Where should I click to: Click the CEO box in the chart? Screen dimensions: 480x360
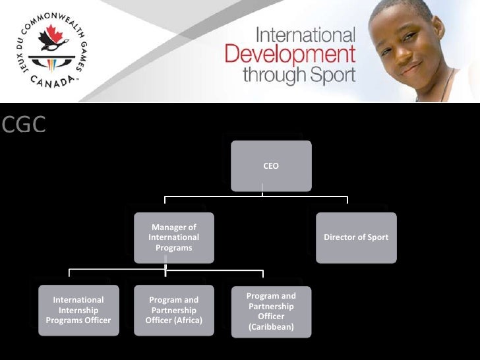pyautogui.click(x=270, y=166)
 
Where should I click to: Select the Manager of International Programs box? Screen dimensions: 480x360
pyautogui.click(x=173, y=237)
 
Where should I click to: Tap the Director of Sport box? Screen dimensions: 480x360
pyautogui.click(x=356, y=237)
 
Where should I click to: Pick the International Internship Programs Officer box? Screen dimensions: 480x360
pyautogui.click(x=78, y=310)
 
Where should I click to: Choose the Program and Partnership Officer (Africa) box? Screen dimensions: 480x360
pyautogui.click(x=173, y=310)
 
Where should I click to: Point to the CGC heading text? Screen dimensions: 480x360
pyautogui.click(x=24, y=125)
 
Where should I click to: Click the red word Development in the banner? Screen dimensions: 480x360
pyautogui.click(x=290, y=54)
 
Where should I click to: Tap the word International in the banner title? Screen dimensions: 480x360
pyautogui.click(x=305, y=34)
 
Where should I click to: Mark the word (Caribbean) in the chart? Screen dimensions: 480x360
pyautogui.click(x=271, y=327)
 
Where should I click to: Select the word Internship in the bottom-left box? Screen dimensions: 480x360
pyautogui.click(x=78, y=310)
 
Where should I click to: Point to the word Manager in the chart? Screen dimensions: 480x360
pyautogui.click(x=173, y=227)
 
